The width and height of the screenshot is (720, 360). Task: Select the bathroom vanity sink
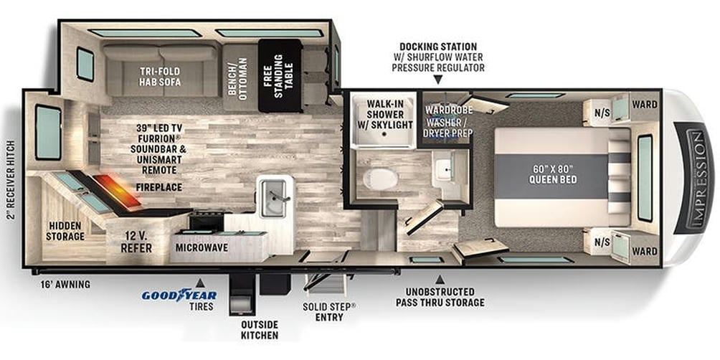(445, 169)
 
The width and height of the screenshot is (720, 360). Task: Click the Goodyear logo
(179, 295)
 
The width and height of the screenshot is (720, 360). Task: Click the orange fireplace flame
(118, 190)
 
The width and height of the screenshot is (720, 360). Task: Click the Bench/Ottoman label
(237, 76)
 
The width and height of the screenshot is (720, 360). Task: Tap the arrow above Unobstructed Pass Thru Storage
(440, 279)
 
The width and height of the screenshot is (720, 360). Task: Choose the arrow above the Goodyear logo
(200, 282)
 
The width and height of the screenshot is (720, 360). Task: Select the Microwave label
(202, 247)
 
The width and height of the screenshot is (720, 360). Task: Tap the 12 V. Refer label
(136, 242)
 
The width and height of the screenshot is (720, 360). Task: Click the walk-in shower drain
(385, 133)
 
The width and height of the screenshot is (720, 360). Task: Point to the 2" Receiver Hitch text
(11, 181)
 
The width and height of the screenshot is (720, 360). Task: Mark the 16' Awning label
(65, 285)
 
